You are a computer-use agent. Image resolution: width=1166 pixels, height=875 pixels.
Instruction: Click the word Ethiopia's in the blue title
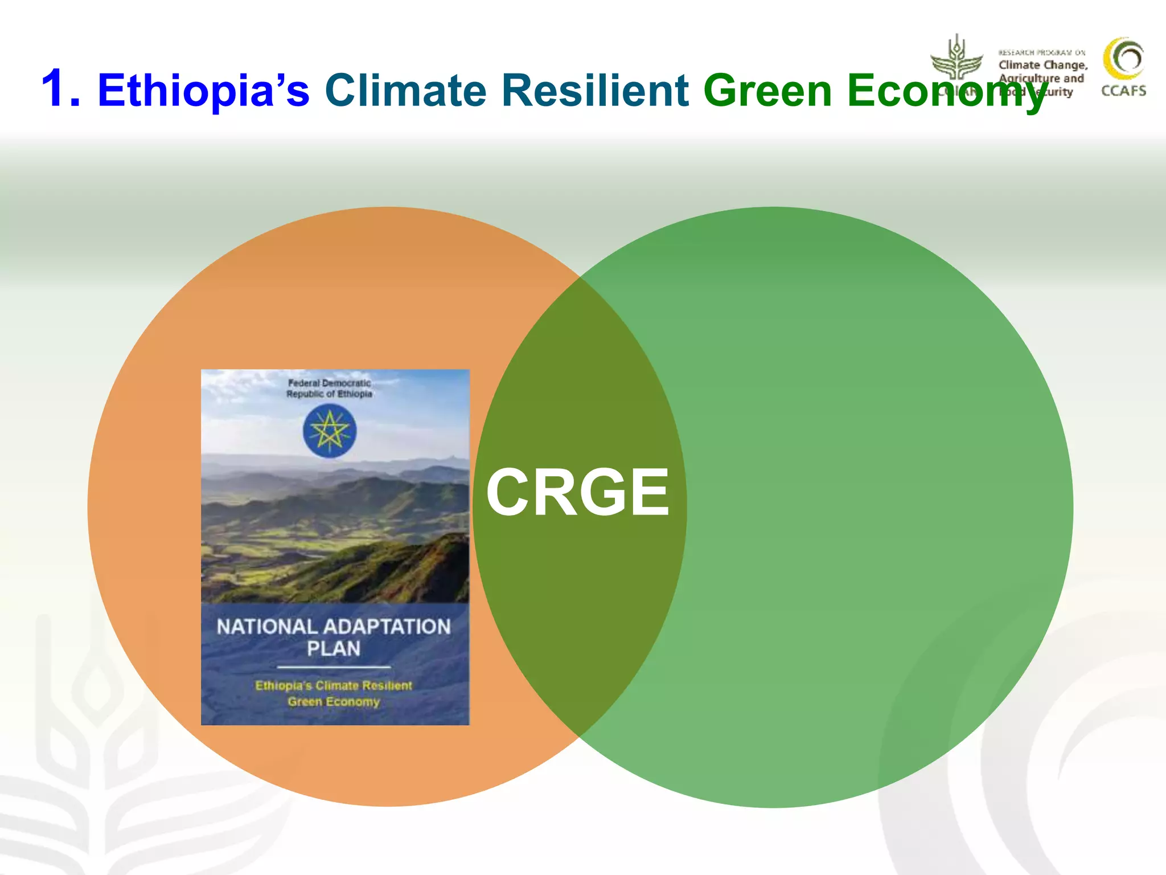[203, 90]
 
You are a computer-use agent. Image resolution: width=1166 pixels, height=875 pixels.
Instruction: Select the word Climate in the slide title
[405, 90]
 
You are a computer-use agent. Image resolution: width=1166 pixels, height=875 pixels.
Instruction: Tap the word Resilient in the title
[595, 90]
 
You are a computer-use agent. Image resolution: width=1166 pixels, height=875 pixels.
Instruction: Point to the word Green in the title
[768, 90]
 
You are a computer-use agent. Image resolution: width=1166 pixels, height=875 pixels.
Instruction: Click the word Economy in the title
[945, 91]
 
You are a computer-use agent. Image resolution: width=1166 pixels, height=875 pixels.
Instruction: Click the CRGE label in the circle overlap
[577, 492]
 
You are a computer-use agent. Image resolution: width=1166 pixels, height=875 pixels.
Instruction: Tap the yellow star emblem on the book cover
[330, 431]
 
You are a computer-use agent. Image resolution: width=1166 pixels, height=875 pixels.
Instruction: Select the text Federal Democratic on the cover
[329, 383]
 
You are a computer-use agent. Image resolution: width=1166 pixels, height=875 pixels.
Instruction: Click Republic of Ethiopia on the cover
[329, 394]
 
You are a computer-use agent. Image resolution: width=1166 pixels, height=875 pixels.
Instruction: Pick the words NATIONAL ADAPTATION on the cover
[334, 627]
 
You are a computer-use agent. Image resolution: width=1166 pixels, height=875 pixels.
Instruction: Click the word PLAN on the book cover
[334, 649]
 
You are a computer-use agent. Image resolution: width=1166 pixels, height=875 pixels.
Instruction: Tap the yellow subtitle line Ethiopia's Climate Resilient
[334, 686]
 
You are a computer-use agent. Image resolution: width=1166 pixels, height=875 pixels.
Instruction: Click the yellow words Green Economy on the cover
[334, 702]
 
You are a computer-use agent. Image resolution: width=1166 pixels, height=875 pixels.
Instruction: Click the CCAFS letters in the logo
[1123, 91]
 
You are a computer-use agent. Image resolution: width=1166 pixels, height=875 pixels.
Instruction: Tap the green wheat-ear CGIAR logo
[956, 60]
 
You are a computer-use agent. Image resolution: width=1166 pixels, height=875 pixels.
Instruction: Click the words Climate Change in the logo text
[1042, 66]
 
